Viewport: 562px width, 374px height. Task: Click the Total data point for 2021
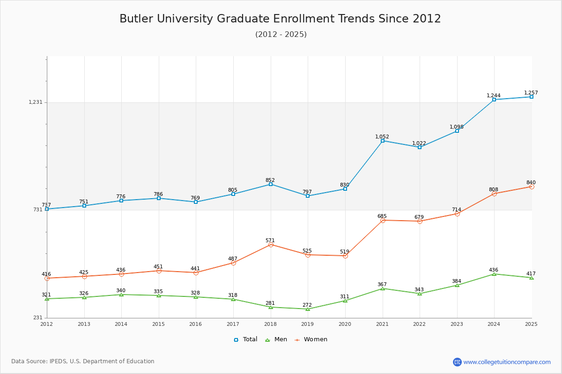[x=383, y=141]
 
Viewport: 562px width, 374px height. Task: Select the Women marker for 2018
[x=271, y=245]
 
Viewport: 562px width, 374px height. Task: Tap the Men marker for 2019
[x=308, y=309]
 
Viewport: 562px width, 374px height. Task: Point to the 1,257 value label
[x=531, y=93]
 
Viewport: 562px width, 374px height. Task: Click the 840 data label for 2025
[x=531, y=183]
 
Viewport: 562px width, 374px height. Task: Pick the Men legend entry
[x=276, y=339]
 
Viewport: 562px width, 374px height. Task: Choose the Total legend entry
[x=246, y=339]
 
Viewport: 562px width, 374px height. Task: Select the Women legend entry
[x=311, y=339]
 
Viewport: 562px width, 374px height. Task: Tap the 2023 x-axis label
[x=457, y=324]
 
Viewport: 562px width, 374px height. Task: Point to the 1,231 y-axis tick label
[x=35, y=102]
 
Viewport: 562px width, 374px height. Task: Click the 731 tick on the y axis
[x=37, y=210]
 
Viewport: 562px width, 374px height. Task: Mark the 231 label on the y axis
[x=37, y=318]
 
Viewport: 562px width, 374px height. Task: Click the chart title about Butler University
[x=280, y=19]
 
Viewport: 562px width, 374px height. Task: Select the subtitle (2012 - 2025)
[x=281, y=35]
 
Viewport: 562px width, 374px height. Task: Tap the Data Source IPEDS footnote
[x=83, y=361]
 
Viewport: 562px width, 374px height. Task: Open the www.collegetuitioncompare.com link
[x=507, y=362]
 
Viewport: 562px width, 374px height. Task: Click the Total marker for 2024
[x=494, y=100]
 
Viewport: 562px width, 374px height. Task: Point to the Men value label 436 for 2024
[x=494, y=270]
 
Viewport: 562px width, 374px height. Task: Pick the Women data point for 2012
[x=47, y=278]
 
